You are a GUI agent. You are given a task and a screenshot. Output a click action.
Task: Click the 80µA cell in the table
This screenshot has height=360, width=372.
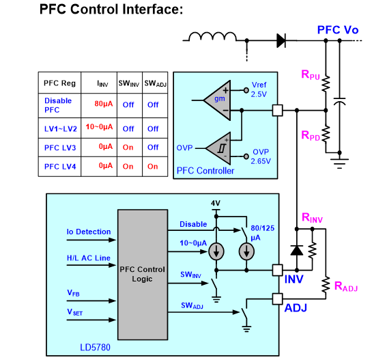point(104,104)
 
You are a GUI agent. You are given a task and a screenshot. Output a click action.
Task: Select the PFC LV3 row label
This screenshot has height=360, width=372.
point(60,148)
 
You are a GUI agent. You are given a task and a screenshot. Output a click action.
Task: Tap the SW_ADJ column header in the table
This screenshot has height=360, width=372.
point(155,83)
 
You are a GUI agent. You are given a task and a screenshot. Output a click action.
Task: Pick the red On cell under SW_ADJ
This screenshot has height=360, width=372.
point(152,167)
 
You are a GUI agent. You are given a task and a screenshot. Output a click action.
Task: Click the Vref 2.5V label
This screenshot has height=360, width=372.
point(259,89)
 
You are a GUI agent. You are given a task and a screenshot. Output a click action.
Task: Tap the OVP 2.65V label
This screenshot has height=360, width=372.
point(261,156)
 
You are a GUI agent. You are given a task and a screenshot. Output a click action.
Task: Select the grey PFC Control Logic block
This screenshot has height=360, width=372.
point(143,275)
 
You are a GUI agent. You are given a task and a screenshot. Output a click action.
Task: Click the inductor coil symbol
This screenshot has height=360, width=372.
point(212,37)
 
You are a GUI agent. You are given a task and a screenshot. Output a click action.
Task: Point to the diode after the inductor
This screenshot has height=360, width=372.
point(281,40)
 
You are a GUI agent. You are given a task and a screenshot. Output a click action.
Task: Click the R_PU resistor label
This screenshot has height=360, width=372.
point(311,74)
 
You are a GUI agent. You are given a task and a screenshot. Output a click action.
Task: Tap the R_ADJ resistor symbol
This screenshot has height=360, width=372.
point(326,284)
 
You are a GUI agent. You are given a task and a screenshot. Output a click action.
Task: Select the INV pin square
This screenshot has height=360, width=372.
point(277,270)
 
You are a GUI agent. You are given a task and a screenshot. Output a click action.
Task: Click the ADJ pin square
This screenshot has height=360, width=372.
point(277,299)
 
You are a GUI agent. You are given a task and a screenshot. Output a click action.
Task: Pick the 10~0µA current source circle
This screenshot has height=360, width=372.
point(216,251)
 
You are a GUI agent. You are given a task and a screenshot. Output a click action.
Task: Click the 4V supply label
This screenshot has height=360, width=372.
point(216,203)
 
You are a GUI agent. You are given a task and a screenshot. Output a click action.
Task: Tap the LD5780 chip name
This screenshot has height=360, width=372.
point(95,348)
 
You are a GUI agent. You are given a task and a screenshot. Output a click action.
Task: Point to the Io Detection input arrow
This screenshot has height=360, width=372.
point(91,240)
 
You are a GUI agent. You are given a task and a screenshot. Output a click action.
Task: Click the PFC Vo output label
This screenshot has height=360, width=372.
point(338,30)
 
